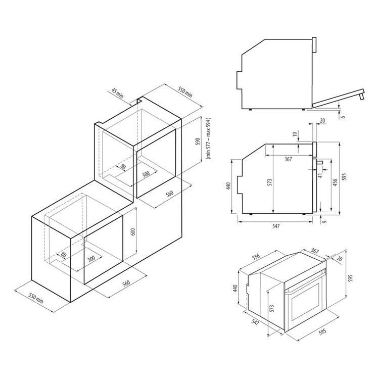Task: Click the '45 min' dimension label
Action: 117,93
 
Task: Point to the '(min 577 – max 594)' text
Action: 209,138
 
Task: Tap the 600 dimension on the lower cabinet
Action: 133,232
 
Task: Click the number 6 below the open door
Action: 343,117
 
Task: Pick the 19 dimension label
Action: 295,134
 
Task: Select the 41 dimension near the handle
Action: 321,175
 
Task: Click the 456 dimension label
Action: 335,182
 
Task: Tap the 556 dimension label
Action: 256,257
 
